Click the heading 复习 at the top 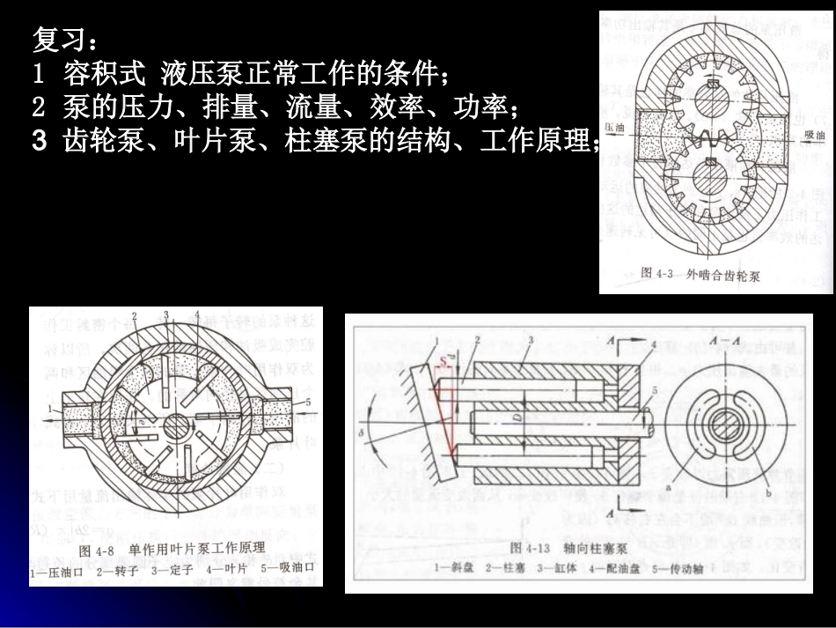coord(59,39)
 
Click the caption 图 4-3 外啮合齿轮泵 coord(700,275)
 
